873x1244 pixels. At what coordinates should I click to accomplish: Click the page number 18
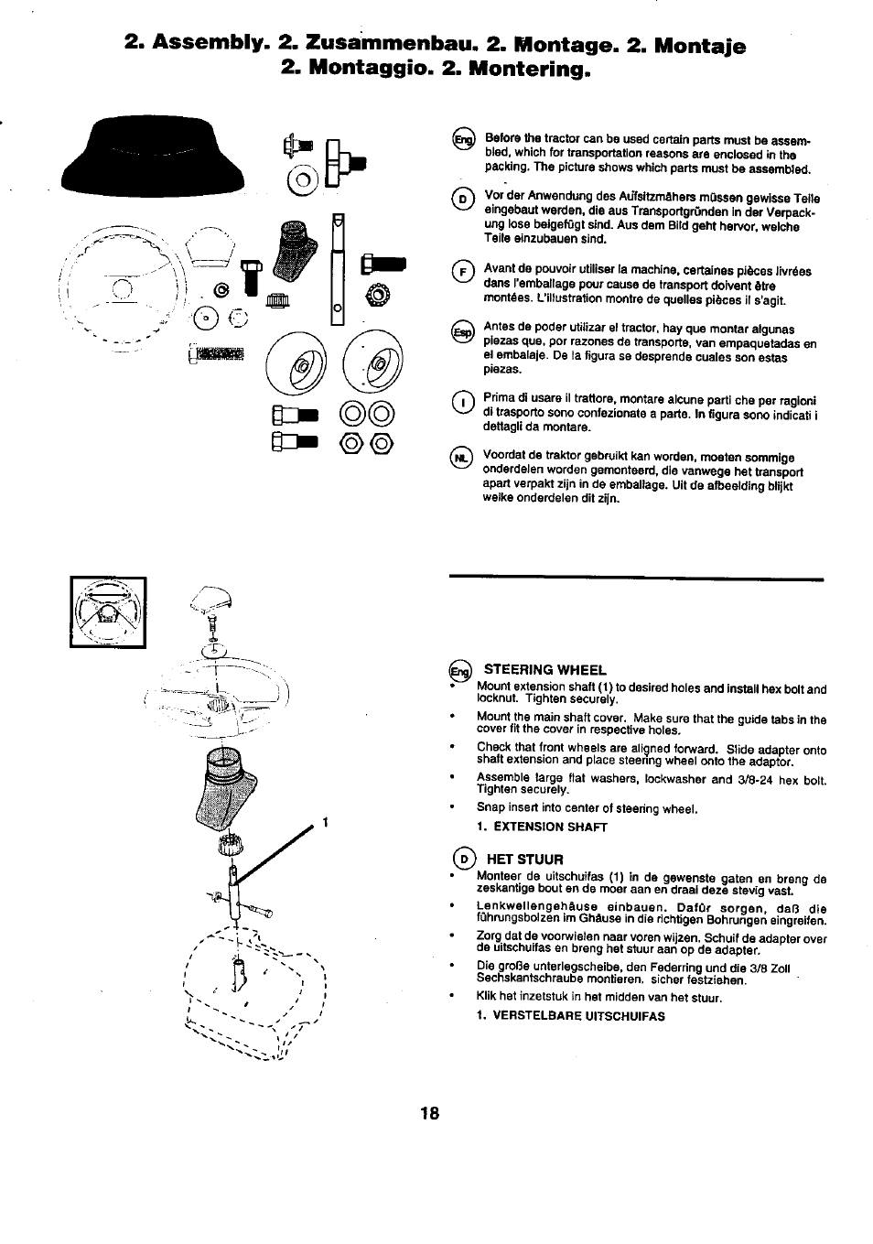[430, 1114]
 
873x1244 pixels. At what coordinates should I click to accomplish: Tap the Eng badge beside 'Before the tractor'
[464, 140]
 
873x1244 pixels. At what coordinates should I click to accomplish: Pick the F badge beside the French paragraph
[464, 271]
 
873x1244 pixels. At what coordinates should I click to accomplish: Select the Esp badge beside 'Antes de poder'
[464, 331]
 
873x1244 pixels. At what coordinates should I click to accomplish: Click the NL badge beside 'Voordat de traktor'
[464, 458]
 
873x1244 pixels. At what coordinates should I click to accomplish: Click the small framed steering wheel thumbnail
[108, 612]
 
